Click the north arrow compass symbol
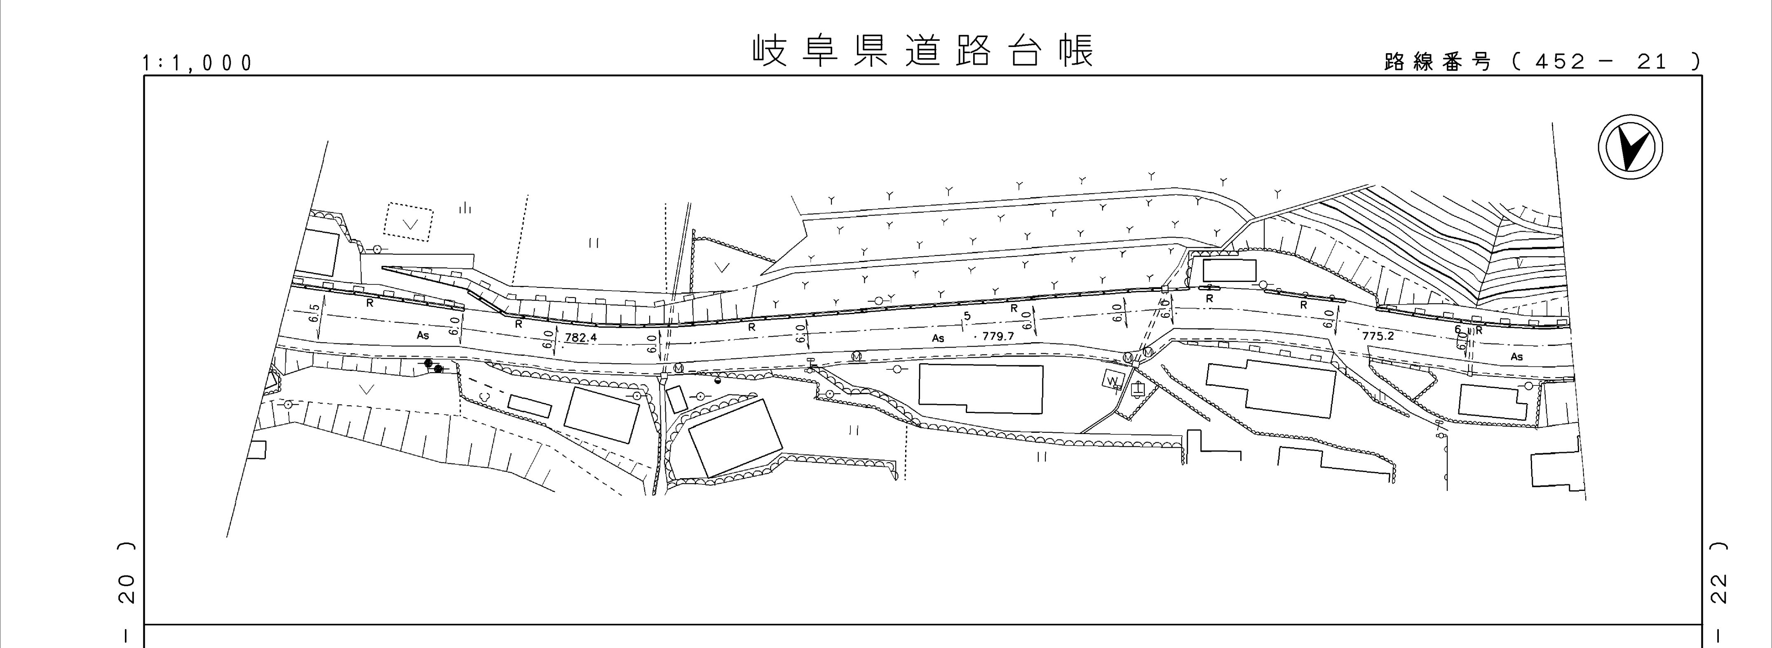point(1630,148)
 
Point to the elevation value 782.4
point(581,338)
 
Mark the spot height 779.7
point(998,336)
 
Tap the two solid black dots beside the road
point(433,366)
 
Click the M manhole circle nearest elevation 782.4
point(679,369)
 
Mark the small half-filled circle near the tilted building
point(718,380)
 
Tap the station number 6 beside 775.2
point(1457,329)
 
